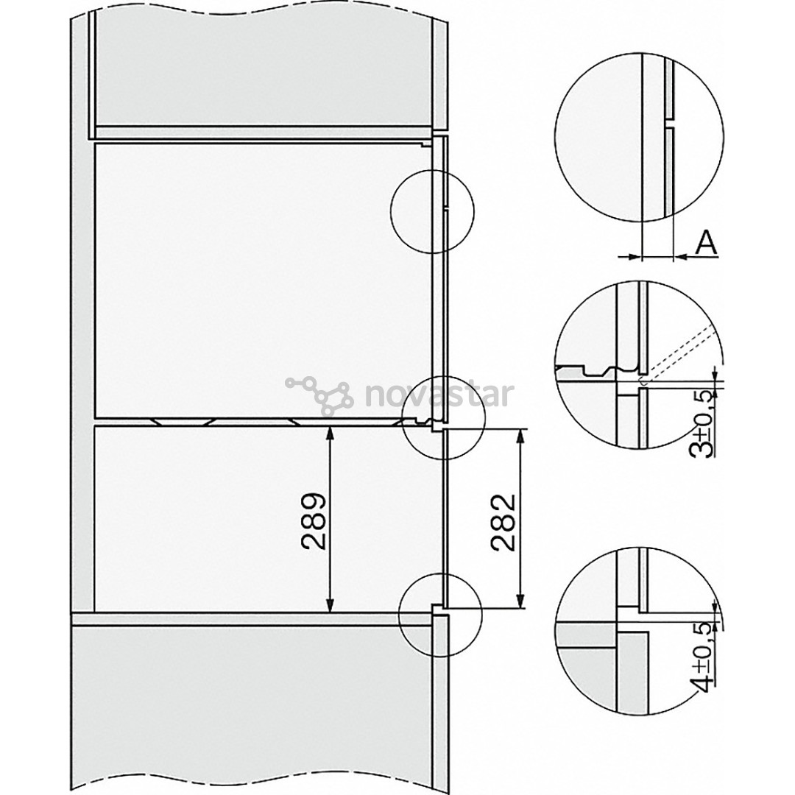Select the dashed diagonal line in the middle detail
click(x=681, y=354)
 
